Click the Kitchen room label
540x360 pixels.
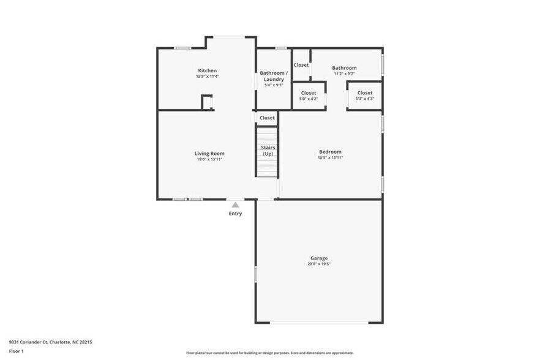click(x=207, y=70)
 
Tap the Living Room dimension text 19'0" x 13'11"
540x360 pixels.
click(x=209, y=159)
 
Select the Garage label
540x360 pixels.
click(x=318, y=258)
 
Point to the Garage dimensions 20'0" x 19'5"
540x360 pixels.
click(x=318, y=265)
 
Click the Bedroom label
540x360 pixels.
click(x=330, y=151)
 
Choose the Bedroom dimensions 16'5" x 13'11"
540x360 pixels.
click(x=330, y=158)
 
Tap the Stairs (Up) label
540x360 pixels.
click(x=268, y=151)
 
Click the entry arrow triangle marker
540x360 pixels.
click(x=235, y=205)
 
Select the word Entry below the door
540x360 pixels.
click(x=235, y=214)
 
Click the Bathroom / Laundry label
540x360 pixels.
click(x=273, y=76)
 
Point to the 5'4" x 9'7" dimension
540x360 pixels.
click(x=273, y=85)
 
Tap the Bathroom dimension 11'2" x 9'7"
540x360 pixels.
click(x=344, y=74)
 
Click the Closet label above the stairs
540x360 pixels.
click(x=268, y=118)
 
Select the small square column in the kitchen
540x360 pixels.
click(x=207, y=102)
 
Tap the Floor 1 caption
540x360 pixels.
click(x=17, y=351)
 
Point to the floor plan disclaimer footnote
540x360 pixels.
click(x=269, y=353)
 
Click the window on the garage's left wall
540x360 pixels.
click(x=255, y=274)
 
